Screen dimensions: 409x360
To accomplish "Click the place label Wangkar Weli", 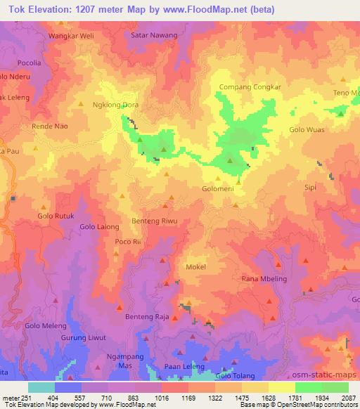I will (x=70, y=34).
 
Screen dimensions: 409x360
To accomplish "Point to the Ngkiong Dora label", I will (x=116, y=105).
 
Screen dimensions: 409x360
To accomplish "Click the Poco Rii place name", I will (x=127, y=242).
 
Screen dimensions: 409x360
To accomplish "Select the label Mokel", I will (x=195, y=267).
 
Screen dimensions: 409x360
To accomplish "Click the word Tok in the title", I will (x=12, y=8).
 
